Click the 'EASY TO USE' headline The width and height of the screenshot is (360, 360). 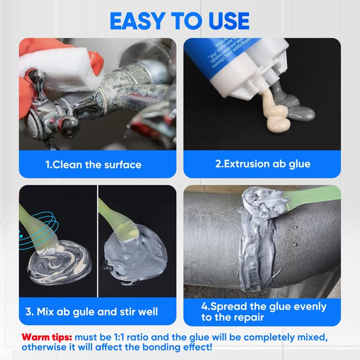180,20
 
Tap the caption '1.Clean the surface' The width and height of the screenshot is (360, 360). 94,164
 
